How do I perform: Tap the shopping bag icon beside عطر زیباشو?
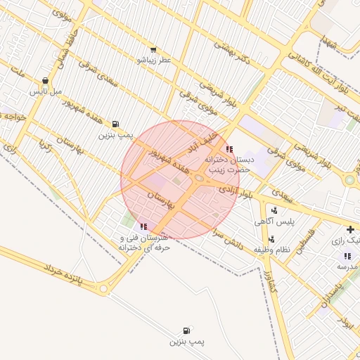(152, 50)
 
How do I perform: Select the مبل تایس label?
(46, 91)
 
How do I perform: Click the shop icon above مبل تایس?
(46, 81)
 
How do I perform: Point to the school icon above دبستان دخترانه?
(229, 149)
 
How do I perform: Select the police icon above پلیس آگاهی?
(274, 210)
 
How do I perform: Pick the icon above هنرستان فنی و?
(144, 226)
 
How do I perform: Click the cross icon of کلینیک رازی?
(350, 230)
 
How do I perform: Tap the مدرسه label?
(347, 267)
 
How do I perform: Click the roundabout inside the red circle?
(200, 179)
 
